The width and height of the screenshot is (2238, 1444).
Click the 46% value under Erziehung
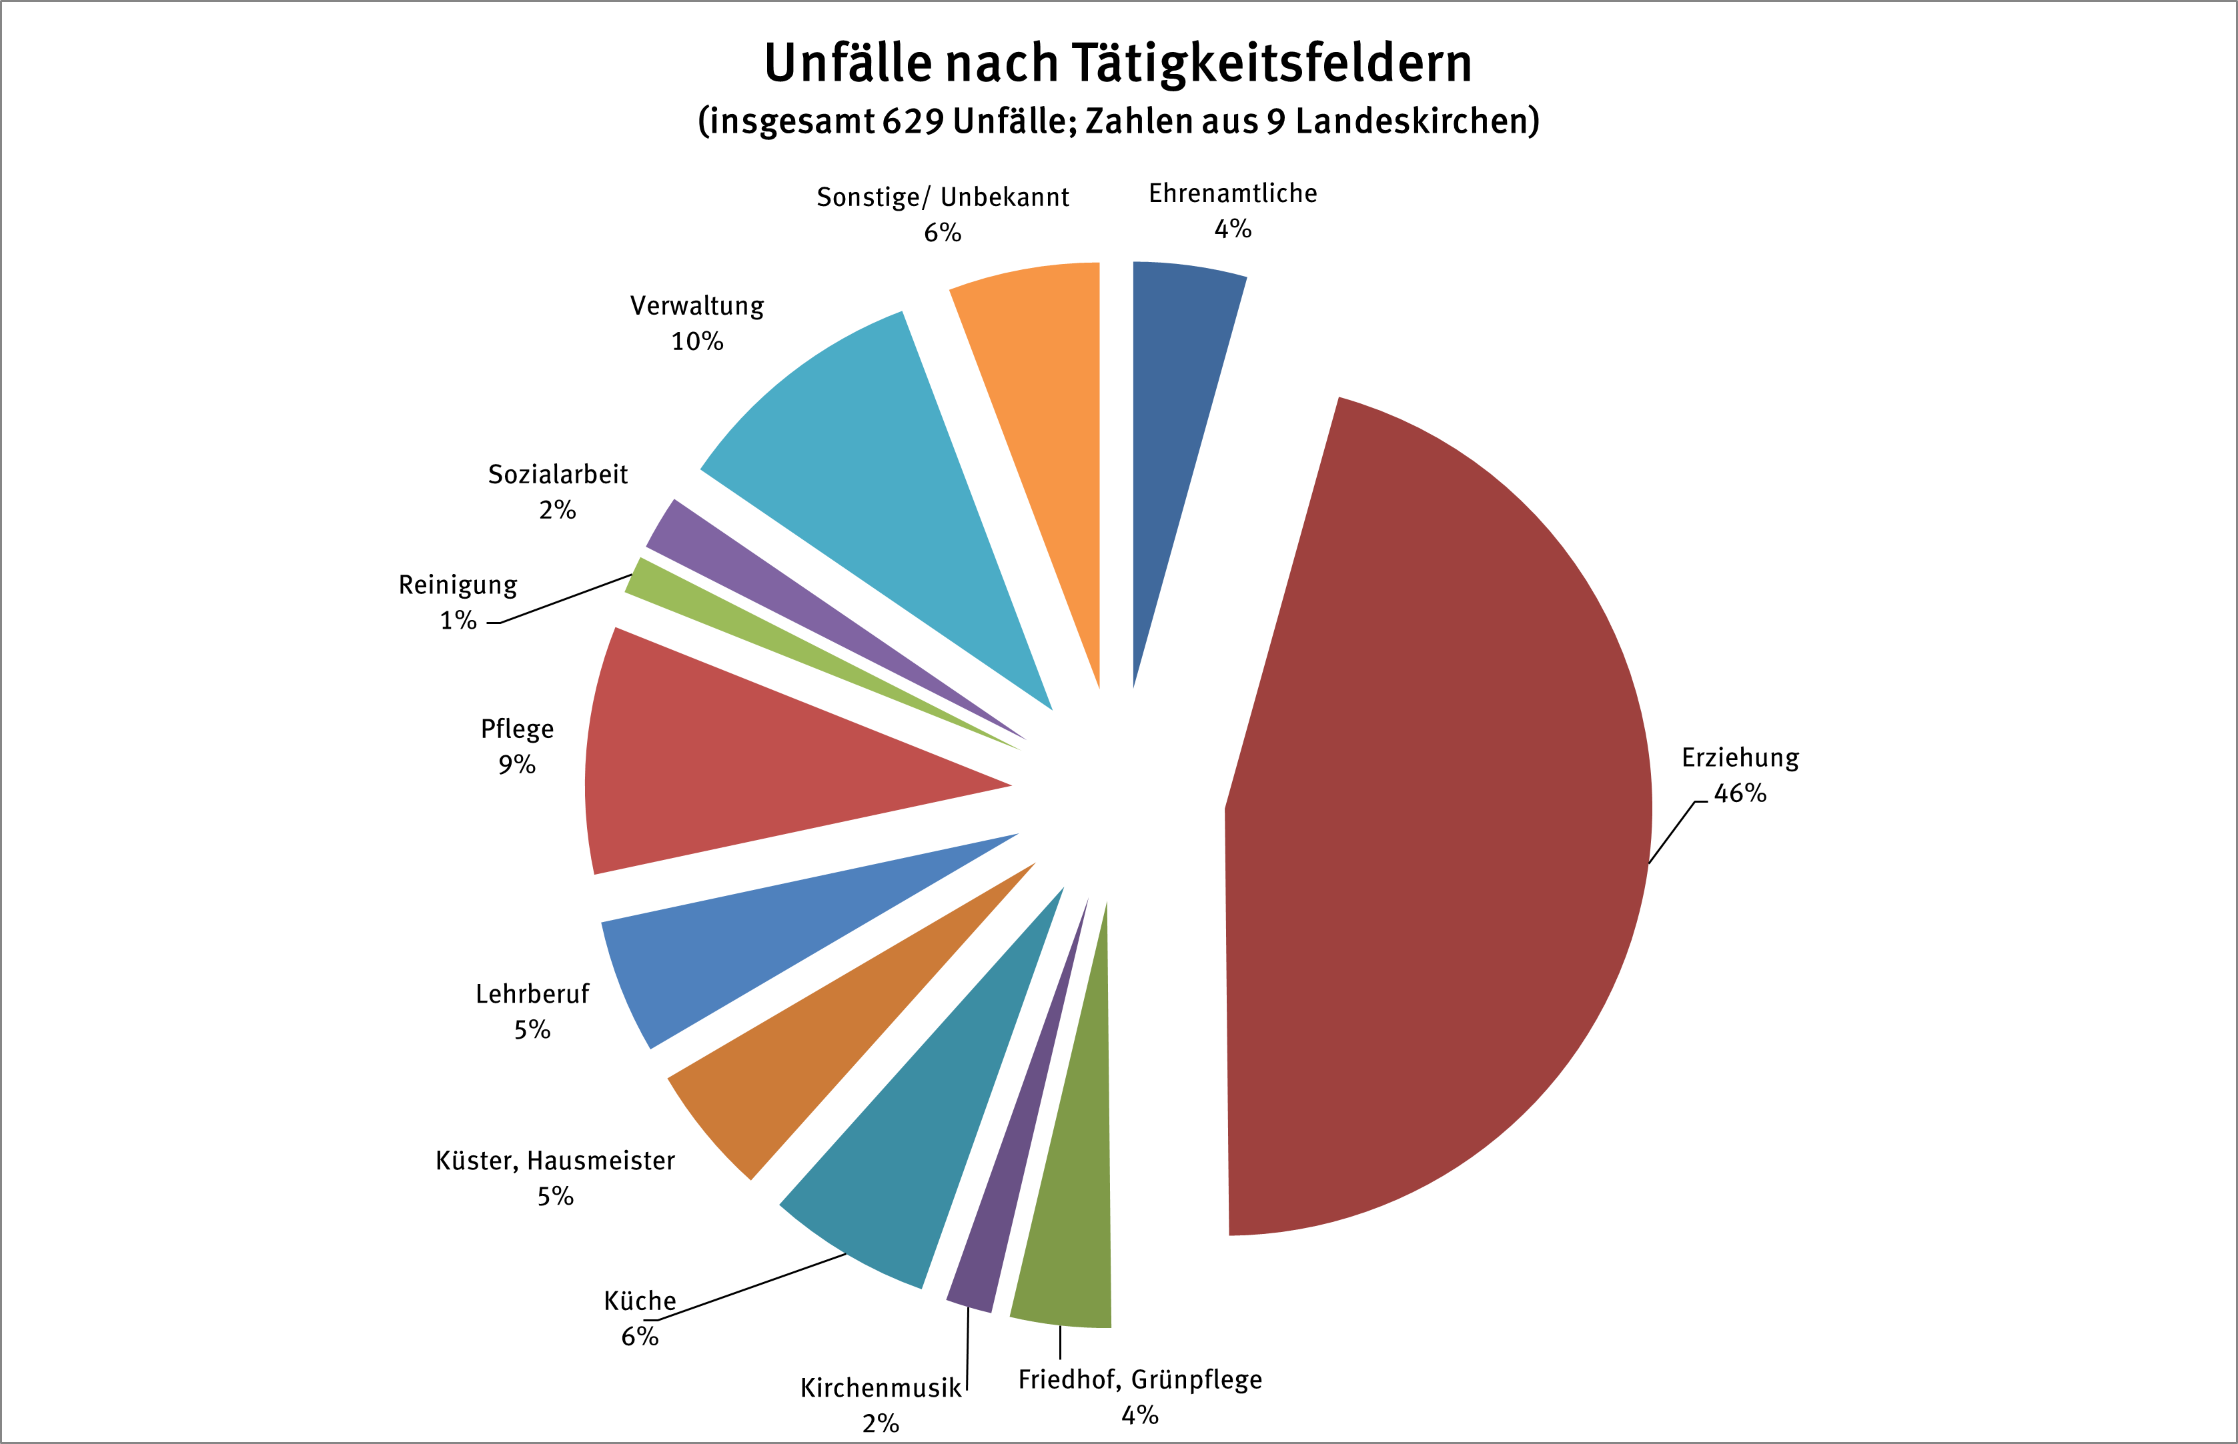[1740, 794]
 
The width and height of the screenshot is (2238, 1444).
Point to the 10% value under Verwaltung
[697, 342]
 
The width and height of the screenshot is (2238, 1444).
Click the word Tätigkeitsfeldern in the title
[1271, 64]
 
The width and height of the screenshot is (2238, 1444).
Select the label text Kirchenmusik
[880, 1389]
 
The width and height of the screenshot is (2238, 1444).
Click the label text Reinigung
[458, 585]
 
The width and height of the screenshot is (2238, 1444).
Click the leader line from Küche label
[750, 1287]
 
